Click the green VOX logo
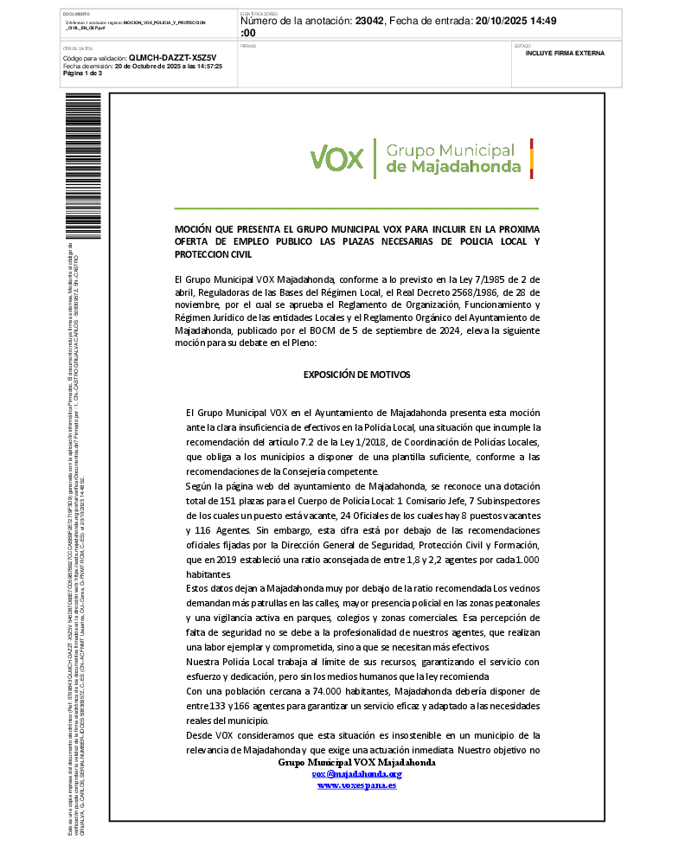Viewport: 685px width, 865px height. point(337,158)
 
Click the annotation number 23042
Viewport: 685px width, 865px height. point(373,21)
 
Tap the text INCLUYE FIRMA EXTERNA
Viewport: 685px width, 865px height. point(565,54)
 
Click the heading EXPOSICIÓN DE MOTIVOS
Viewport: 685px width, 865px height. point(356,375)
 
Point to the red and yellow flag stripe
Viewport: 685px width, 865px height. point(531,157)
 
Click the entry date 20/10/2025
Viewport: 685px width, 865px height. point(504,21)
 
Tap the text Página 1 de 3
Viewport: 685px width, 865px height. point(83,74)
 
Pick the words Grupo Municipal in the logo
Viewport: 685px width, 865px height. point(450,150)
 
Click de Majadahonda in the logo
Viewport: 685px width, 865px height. point(453,166)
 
